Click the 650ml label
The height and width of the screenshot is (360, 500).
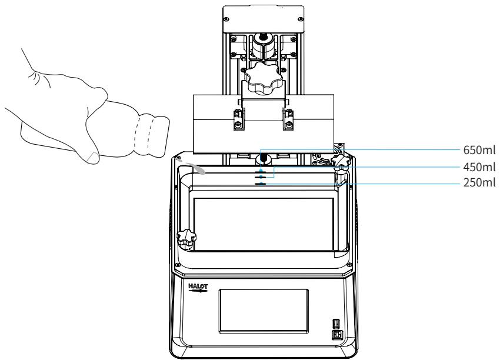coord(479,150)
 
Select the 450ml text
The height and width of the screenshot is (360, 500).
coord(479,167)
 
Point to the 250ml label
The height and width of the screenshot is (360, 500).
coord(479,183)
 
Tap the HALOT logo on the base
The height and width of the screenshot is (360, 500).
coord(198,288)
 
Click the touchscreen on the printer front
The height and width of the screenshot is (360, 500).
coord(264,311)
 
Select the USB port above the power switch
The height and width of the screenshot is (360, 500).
coord(336,324)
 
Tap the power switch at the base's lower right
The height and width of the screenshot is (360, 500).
coord(336,335)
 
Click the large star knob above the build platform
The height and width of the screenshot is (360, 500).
coord(263,78)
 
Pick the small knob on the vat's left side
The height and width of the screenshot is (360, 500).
coord(186,239)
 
